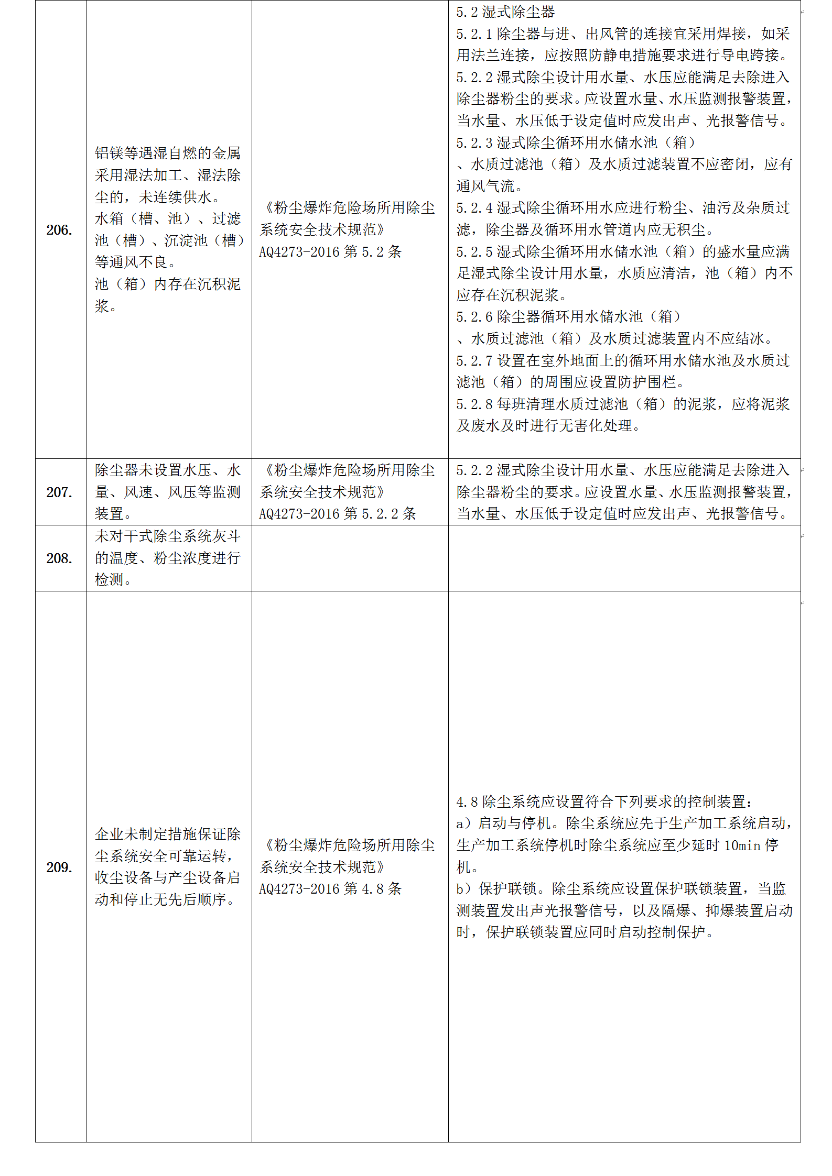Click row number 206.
point(59,230)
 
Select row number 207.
point(59,492)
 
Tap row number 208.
point(59,558)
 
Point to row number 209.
point(59,867)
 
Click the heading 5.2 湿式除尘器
point(505,12)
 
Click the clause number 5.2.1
point(474,34)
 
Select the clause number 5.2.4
point(474,208)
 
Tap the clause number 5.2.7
point(474,361)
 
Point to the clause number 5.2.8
point(474,404)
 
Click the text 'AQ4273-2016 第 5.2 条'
point(330,252)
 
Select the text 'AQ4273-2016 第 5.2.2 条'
point(338,514)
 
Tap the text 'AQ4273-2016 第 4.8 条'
point(330,889)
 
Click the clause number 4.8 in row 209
point(467,802)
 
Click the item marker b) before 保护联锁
point(464,889)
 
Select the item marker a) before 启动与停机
point(464,823)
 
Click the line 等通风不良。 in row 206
point(135,262)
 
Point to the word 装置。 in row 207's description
point(113,514)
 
